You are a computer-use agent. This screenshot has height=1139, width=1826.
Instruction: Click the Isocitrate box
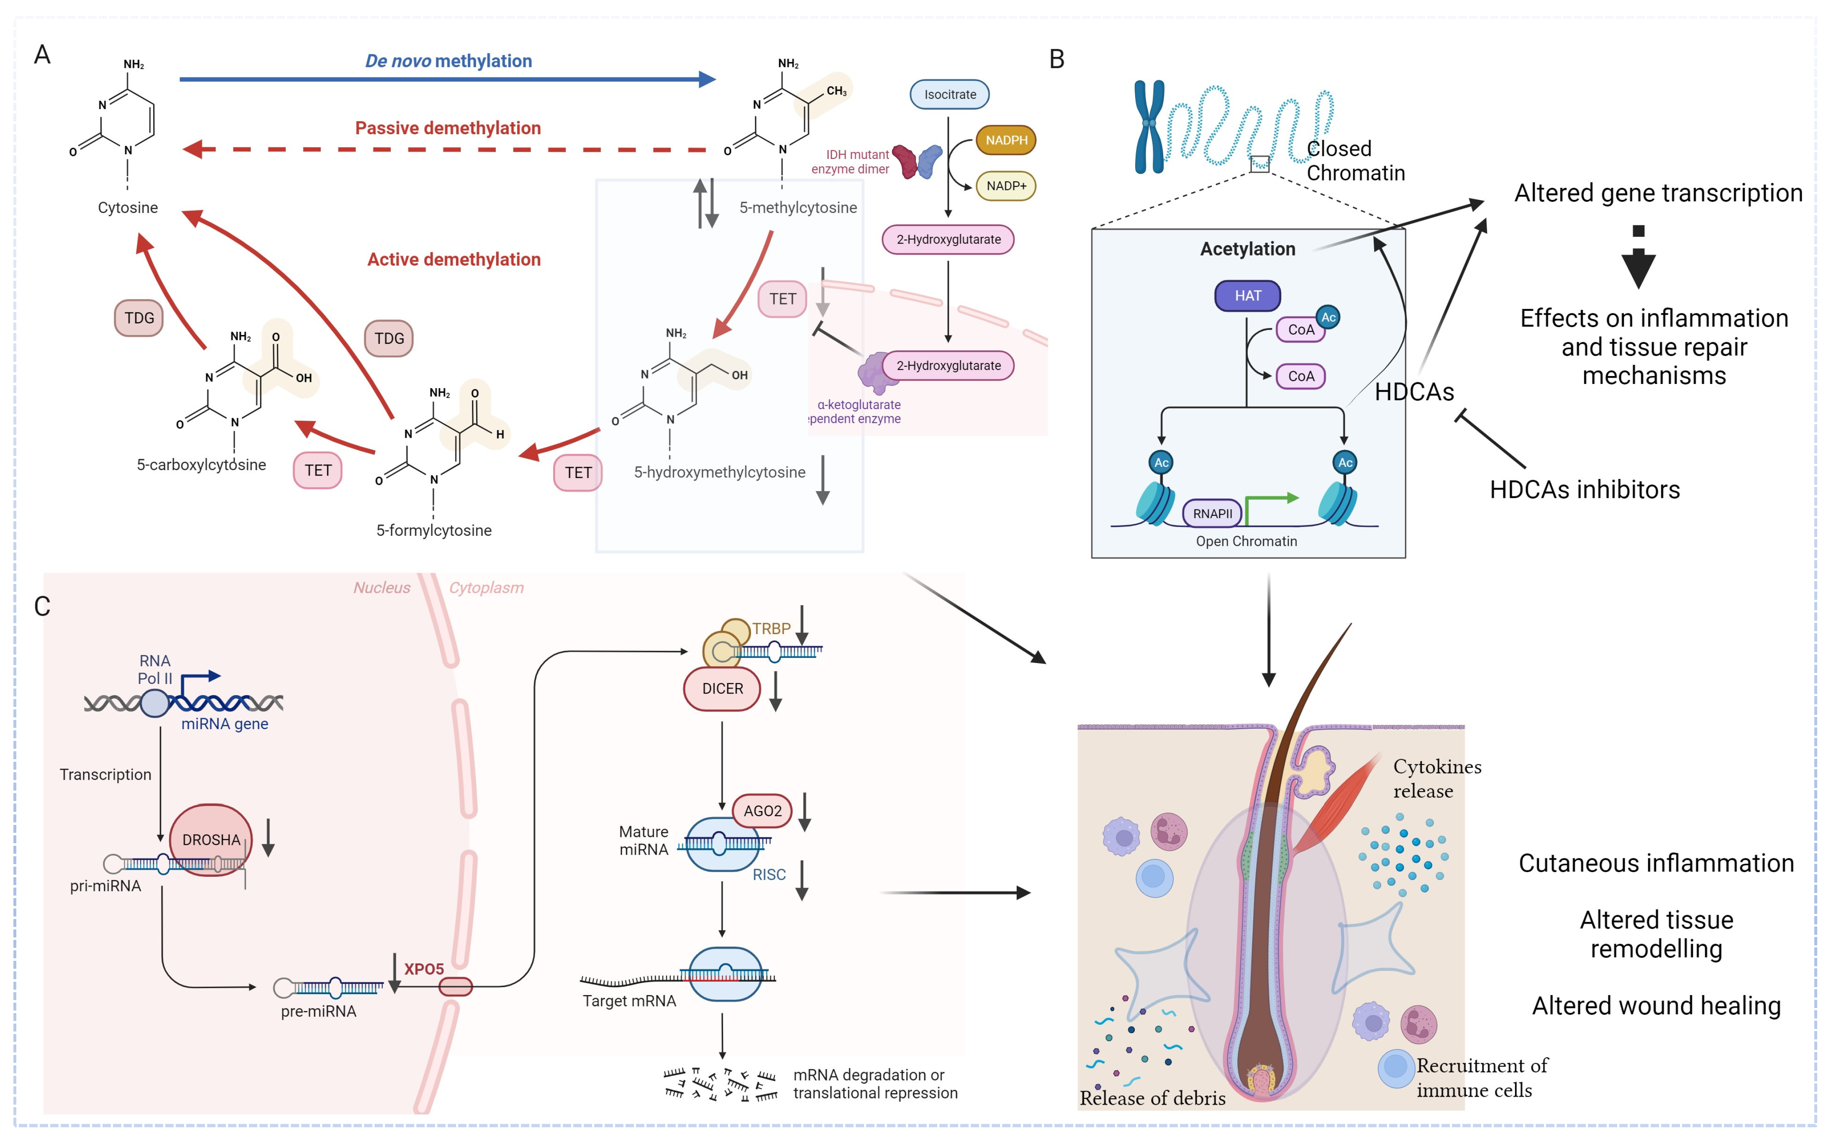[949, 94]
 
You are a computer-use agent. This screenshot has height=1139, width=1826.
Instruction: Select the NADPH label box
[1006, 140]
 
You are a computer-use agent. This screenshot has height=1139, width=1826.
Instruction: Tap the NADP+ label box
[1006, 186]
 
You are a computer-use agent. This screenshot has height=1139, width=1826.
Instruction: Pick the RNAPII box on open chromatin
[1212, 514]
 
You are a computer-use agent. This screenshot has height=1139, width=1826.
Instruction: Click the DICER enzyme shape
[722, 689]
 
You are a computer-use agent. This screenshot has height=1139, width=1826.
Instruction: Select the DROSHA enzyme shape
[211, 839]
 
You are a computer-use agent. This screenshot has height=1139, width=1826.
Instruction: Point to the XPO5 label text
[423, 969]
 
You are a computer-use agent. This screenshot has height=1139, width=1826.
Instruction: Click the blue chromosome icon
[1149, 127]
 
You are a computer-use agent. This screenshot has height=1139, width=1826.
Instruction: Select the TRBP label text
[771, 628]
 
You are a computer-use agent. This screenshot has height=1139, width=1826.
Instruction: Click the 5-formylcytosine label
[433, 530]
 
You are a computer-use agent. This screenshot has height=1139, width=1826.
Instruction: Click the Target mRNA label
[629, 1001]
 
